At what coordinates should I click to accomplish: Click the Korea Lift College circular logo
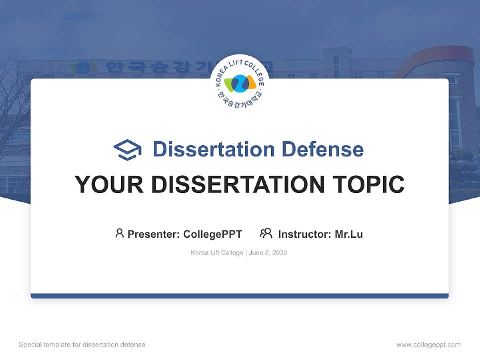click(x=240, y=83)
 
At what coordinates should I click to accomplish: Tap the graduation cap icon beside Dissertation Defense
click(x=127, y=150)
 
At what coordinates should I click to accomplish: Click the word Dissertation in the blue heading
click(x=213, y=149)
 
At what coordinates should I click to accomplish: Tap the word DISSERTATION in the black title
click(x=237, y=184)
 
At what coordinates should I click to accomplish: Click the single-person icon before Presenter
click(x=119, y=233)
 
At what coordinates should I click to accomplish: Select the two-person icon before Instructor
click(x=266, y=233)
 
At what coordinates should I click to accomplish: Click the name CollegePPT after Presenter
click(x=213, y=234)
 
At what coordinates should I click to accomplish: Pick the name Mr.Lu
click(x=349, y=234)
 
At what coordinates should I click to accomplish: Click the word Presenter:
click(x=154, y=234)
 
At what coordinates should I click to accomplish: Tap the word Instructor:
click(x=305, y=234)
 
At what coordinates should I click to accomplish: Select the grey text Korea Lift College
click(x=216, y=253)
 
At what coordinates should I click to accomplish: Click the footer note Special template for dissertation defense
click(x=82, y=345)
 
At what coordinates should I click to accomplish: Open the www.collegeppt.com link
click(x=428, y=345)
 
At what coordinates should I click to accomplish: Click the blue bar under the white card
click(x=240, y=296)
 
